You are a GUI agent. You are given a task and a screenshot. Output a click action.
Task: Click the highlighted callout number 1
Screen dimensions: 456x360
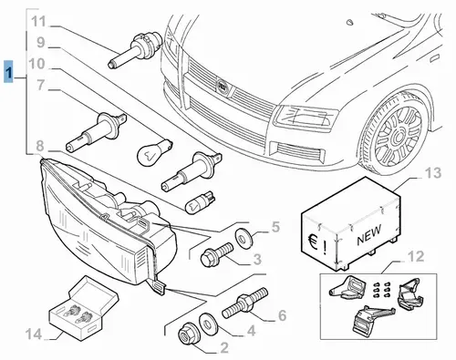(9, 72)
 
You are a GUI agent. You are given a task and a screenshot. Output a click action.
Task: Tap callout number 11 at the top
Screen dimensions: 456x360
(38, 22)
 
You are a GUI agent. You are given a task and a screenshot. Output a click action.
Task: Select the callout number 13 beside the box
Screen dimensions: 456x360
(433, 173)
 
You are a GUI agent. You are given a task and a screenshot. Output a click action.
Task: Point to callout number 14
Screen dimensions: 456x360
(34, 334)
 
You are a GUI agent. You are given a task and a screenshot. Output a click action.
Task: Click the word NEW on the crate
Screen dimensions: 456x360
(369, 234)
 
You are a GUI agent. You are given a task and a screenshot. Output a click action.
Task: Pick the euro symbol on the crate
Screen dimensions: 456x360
(312, 242)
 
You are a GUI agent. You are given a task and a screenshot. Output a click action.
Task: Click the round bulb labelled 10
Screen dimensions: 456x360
(154, 151)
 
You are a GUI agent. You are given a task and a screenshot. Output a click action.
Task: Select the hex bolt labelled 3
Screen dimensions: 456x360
(217, 253)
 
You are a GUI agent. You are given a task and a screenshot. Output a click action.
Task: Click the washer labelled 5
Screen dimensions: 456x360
(244, 236)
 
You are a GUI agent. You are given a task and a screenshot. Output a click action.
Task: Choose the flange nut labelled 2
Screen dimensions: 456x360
(187, 334)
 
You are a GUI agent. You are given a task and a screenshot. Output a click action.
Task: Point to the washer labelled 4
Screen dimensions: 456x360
(208, 323)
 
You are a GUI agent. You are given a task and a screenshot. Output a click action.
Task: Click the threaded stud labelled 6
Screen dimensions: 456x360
(245, 303)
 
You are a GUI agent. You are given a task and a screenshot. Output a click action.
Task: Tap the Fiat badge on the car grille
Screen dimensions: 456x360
(223, 87)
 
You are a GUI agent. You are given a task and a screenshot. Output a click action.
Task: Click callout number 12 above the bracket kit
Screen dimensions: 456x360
(416, 256)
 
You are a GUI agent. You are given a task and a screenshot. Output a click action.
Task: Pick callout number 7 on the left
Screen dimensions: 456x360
(41, 86)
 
